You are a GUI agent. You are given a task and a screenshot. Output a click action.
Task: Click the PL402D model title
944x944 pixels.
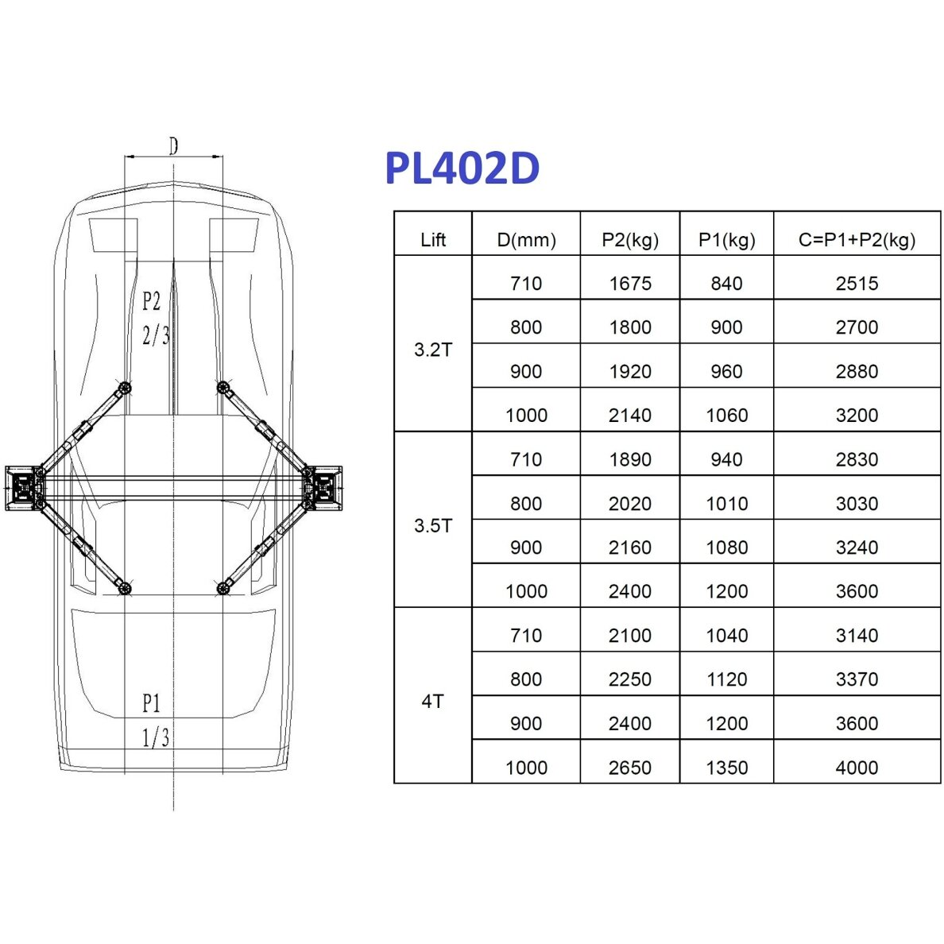click(x=462, y=168)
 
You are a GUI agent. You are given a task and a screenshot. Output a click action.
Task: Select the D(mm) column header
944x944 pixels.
click(x=526, y=240)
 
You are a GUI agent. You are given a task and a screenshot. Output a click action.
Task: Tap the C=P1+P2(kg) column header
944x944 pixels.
click(x=857, y=240)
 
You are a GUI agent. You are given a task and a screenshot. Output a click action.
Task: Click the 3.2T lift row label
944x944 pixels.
click(x=433, y=350)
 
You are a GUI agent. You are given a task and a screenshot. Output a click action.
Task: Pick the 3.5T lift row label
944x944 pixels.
click(x=433, y=525)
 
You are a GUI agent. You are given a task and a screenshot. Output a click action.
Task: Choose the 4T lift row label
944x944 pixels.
click(x=433, y=702)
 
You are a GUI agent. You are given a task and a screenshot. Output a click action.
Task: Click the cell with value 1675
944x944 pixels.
click(x=630, y=284)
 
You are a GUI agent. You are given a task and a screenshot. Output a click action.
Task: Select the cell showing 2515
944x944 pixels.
click(x=857, y=284)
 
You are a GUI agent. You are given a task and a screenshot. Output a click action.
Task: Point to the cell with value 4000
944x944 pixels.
click(x=857, y=768)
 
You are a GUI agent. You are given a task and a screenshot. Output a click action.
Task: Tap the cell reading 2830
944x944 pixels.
click(x=857, y=459)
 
